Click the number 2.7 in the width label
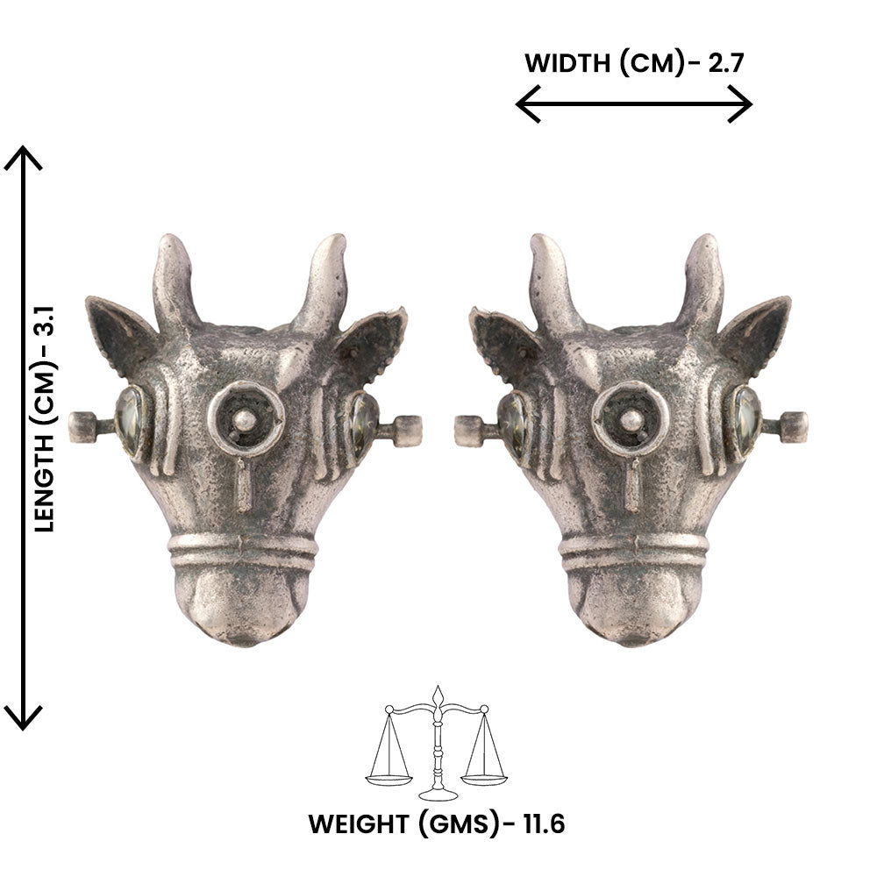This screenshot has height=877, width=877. click(x=724, y=63)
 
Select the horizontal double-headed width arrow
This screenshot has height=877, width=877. click(x=633, y=105)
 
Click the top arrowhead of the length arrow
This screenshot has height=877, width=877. click(x=24, y=158)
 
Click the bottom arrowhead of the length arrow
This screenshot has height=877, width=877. click(x=24, y=717)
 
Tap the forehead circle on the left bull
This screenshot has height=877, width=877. click(x=246, y=418)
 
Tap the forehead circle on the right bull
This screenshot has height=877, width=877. click(x=630, y=418)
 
